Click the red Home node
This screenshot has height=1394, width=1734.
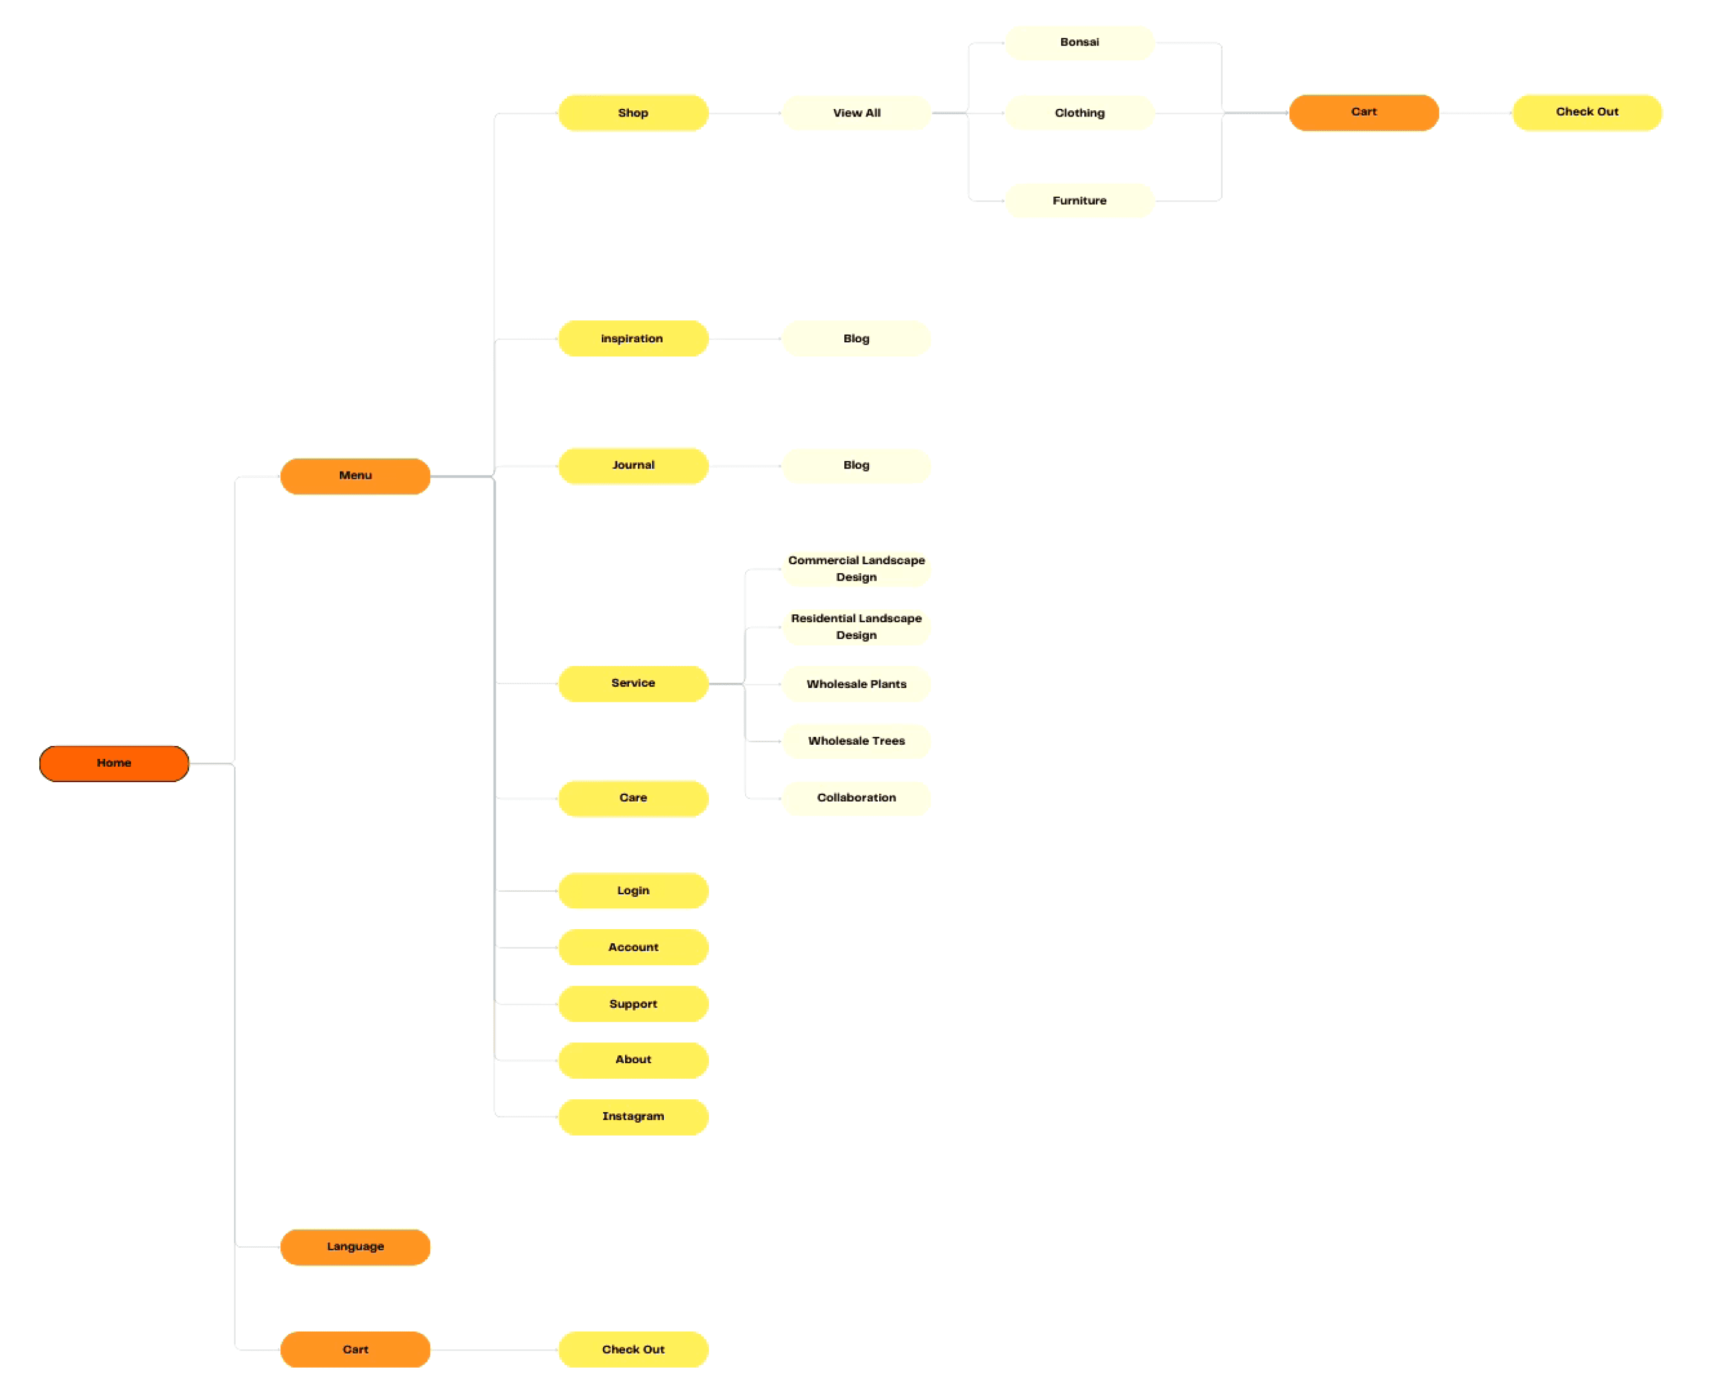point(113,763)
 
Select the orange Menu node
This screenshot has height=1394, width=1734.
point(355,475)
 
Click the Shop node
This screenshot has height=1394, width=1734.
point(633,113)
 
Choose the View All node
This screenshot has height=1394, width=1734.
point(856,113)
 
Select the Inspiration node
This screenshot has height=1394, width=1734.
point(633,339)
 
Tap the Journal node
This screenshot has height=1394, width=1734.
point(633,465)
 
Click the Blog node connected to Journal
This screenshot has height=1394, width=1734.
point(856,465)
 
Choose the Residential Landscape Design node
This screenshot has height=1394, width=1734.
point(856,627)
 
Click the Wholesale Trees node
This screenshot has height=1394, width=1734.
point(856,741)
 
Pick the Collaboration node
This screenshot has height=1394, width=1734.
point(856,797)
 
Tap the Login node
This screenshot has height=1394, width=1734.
point(633,891)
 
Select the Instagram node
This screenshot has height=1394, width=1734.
point(633,1116)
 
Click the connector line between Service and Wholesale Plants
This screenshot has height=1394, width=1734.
point(726,684)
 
